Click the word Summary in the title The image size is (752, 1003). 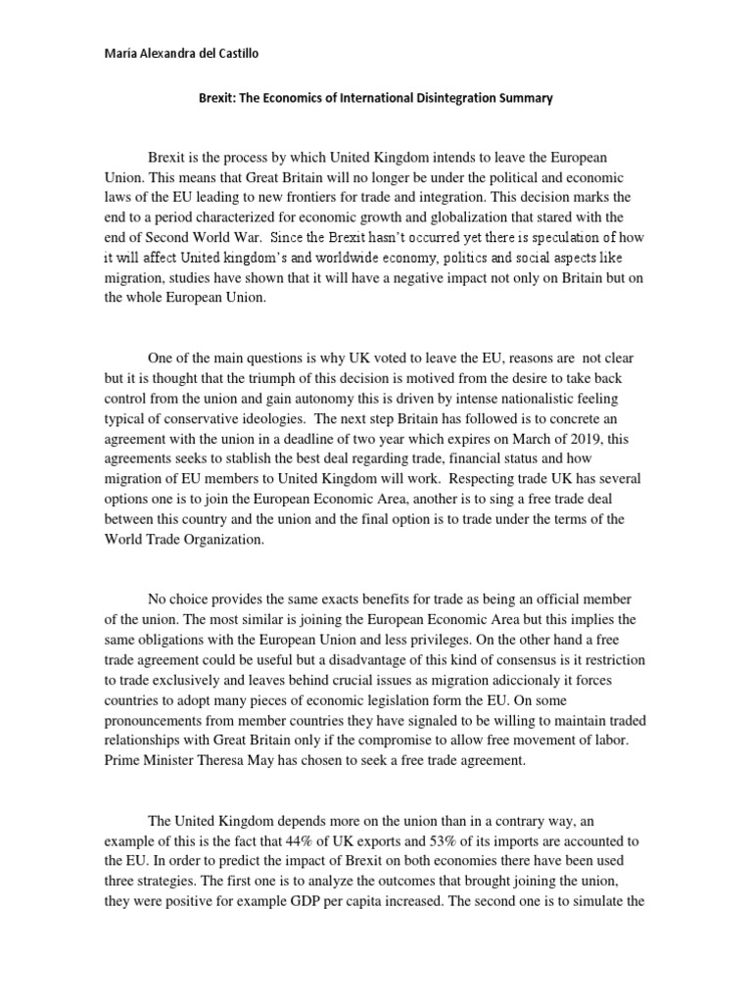click(x=525, y=98)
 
